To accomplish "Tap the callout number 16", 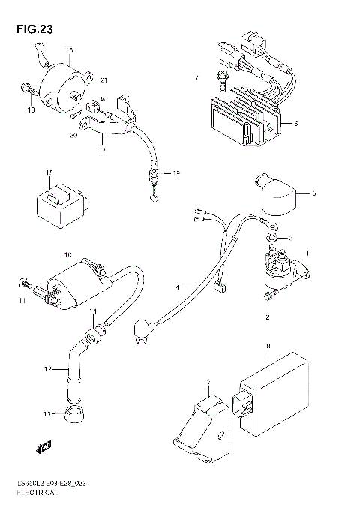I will pos(69,51).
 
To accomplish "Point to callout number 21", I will pos(104,80).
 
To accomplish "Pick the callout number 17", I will pos(102,150).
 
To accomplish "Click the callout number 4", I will pos(177,286).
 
